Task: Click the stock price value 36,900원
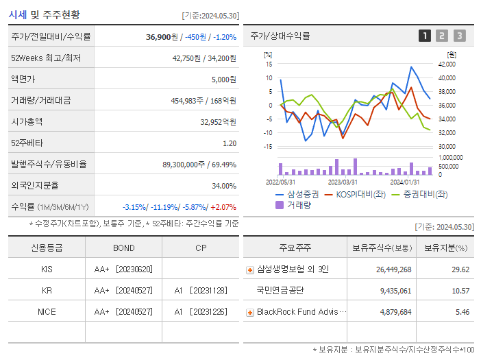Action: (161, 37)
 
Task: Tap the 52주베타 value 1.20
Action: (229, 143)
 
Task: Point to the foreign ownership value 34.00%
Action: (223, 186)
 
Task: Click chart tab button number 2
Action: (442, 36)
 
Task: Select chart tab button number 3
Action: (459, 36)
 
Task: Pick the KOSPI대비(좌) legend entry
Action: (358, 194)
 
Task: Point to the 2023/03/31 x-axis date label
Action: (343, 182)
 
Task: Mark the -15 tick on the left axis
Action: (269, 146)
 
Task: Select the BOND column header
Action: (124, 248)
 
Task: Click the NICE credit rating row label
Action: (47, 312)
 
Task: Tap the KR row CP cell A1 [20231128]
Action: (201, 291)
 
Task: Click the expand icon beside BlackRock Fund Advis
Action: (250, 313)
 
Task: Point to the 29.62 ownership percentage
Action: (460, 269)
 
